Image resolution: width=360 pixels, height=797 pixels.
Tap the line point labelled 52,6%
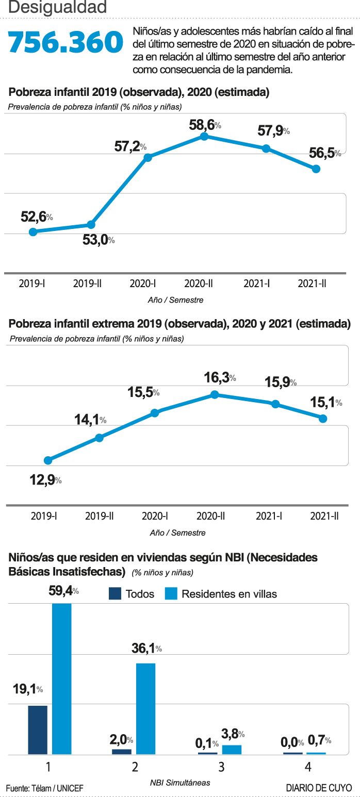(x=33, y=232)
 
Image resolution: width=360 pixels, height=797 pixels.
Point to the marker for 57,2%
(x=148, y=157)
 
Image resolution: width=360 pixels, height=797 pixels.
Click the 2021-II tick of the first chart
(x=313, y=283)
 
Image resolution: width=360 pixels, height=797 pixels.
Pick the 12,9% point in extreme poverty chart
(x=48, y=460)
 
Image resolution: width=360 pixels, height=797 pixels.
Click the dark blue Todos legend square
(x=115, y=593)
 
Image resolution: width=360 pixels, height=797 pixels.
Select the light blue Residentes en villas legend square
(x=171, y=593)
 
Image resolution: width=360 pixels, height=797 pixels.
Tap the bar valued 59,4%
(x=62, y=678)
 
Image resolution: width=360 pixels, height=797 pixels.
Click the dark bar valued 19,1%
(x=38, y=729)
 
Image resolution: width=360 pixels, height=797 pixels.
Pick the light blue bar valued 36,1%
(x=145, y=708)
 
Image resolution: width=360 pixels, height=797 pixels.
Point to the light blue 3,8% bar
(x=232, y=750)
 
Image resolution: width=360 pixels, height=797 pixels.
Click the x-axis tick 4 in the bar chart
(x=308, y=767)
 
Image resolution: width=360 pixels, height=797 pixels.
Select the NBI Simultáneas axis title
(x=180, y=782)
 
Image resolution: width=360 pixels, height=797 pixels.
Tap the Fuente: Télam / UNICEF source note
(x=44, y=788)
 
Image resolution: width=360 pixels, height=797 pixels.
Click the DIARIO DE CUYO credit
(x=319, y=788)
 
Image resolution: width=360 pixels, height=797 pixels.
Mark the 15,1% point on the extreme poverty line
(x=323, y=419)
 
